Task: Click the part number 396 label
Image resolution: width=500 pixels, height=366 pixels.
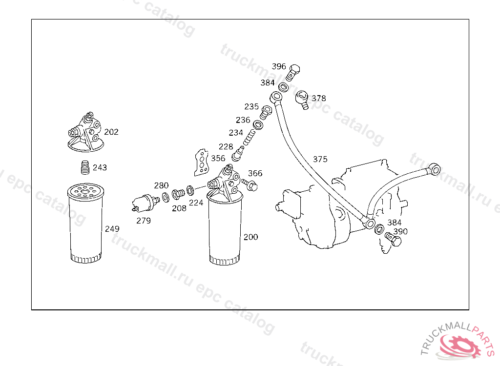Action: point(279,66)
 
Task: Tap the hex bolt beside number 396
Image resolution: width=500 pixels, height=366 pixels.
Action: point(293,73)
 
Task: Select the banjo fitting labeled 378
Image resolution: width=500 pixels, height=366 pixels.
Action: point(302,100)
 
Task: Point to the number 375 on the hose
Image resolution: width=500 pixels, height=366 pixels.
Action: point(320,159)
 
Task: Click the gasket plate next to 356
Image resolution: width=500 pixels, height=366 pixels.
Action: point(201,163)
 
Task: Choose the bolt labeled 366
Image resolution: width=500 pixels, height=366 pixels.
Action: point(250,185)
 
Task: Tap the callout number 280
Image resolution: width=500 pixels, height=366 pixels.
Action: point(161,185)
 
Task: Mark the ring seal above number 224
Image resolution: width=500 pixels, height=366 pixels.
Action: point(190,190)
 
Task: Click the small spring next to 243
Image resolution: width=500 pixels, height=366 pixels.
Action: point(85,167)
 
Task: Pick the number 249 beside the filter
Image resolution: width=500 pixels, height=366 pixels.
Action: point(112,228)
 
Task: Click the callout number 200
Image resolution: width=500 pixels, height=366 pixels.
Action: point(250,237)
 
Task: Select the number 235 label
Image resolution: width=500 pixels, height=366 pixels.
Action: point(251,106)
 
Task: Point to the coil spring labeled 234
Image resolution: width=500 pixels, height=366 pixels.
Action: point(249,137)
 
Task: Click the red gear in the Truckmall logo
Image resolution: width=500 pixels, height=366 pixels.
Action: point(459,346)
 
